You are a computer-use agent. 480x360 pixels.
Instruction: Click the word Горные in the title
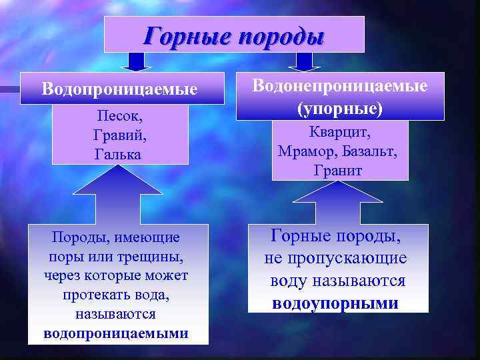(x=183, y=35)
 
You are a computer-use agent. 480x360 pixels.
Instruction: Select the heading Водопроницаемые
(x=119, y=88)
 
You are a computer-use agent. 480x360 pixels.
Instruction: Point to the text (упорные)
(x=341, y=107)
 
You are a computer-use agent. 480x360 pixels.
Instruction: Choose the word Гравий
(x=119, y=135)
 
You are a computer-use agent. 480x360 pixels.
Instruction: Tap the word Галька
(x=118, y=154)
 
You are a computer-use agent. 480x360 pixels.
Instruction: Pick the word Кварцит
(x=340, y=133)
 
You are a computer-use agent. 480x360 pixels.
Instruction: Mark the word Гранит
(x=338, y=170)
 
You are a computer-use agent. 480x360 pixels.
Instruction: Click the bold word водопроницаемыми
(x=116, y=333)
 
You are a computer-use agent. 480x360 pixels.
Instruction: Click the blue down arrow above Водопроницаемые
(x=136, y=62)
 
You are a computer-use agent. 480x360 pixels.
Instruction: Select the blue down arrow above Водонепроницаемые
(x=305, y=61)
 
